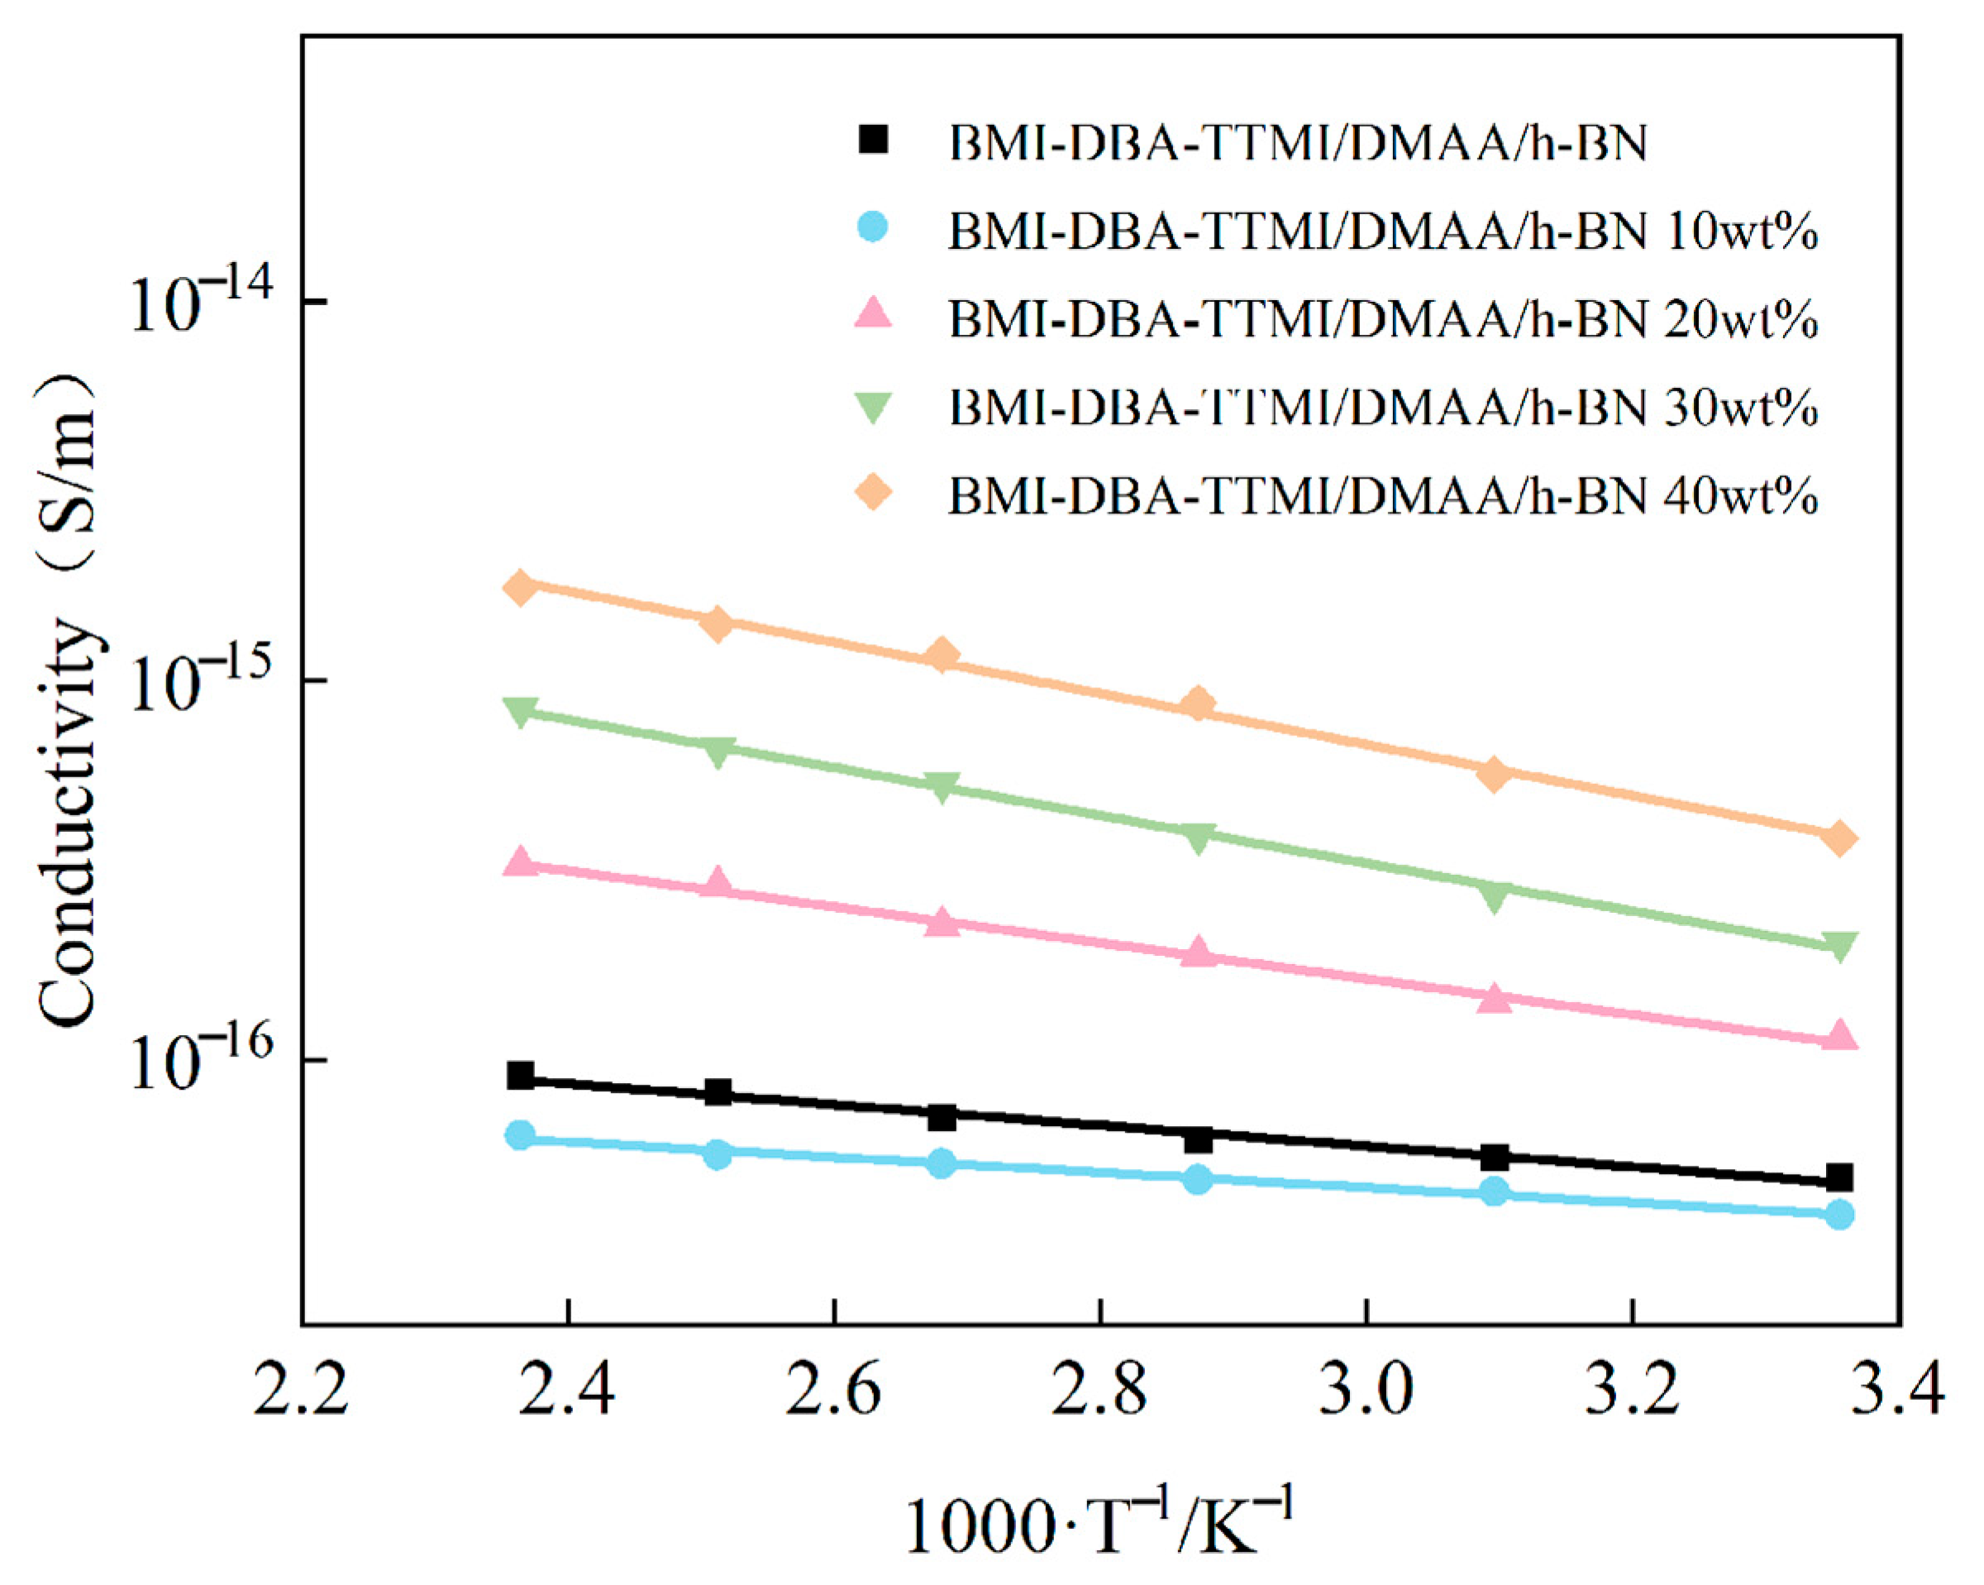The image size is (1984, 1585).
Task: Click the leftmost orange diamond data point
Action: pos(521,587)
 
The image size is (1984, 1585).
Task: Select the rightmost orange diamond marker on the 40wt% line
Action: pos(1839,838)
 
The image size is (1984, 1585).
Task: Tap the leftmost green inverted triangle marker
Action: pos(521,712)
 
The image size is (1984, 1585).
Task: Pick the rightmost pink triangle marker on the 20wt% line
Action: pos(1839,1035)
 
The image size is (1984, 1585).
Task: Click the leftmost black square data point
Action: pos(521,1075)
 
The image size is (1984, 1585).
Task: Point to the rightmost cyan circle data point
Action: pos(1839,1215)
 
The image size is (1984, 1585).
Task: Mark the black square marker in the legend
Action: pos(872,140)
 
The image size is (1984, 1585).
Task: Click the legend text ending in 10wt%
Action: pos(1382,233)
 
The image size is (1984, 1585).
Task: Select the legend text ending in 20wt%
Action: pos(1382,320)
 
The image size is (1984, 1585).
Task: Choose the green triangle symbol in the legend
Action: pos(872,407)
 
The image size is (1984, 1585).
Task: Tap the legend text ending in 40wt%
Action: pos(1382,496)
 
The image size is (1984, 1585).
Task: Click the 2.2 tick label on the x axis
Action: pos(302,1390)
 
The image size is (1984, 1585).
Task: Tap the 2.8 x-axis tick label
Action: pos(1099,1390)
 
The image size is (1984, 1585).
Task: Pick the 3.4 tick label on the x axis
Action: pos(1897,1390)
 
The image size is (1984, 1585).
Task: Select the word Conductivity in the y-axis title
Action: pos(69,824)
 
